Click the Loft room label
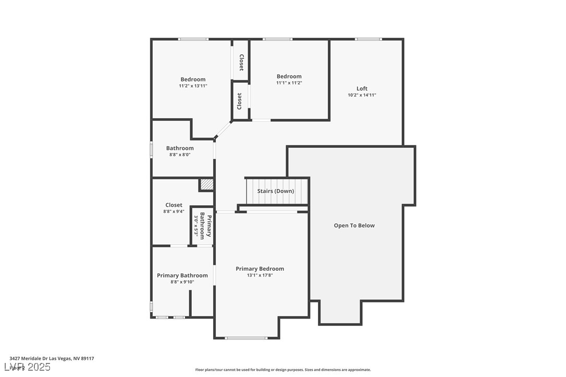point(362,89)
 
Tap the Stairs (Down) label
point(276,191)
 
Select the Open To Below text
point(354,225)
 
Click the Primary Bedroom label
point(260,269)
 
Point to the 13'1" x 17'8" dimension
point(260,275)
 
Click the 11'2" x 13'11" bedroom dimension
point(193,86)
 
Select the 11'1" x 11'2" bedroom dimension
point(289,83)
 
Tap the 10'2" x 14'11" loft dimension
point(362,95)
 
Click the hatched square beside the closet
point(206,184)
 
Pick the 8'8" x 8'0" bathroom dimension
point(180,155)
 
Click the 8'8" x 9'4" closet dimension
point(174,211)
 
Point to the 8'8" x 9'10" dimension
point(182,282)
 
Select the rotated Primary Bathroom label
point(206,227)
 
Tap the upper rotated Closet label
point(241,62)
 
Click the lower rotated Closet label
point(240,101)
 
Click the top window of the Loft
point(368,39)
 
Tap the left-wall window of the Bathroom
point(152,149)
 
